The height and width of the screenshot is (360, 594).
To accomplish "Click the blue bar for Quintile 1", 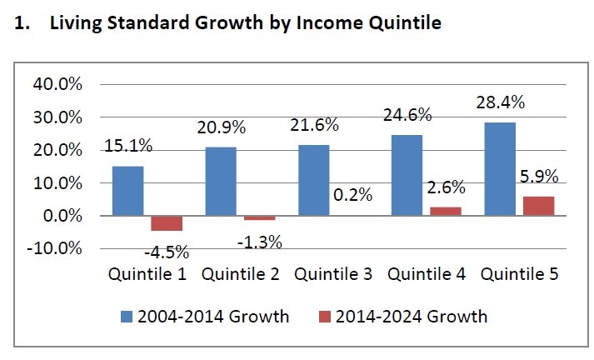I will pos(127,191).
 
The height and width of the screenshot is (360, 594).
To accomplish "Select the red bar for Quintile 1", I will pos(166,223).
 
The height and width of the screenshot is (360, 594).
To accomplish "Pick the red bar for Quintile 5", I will pos(537,206).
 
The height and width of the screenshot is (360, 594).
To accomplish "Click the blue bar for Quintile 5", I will pos(500,169).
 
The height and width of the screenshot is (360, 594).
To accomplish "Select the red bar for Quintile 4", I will pos(445,212).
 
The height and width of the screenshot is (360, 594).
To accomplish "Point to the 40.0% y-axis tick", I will pos(58,85).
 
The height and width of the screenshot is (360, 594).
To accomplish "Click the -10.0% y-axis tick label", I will pos(56,248).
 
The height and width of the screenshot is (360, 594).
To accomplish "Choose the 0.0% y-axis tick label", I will pos(62,216).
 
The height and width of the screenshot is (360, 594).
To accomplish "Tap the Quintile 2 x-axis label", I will pos(239,274).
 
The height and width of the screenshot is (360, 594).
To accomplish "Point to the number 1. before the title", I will pos(23,23).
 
